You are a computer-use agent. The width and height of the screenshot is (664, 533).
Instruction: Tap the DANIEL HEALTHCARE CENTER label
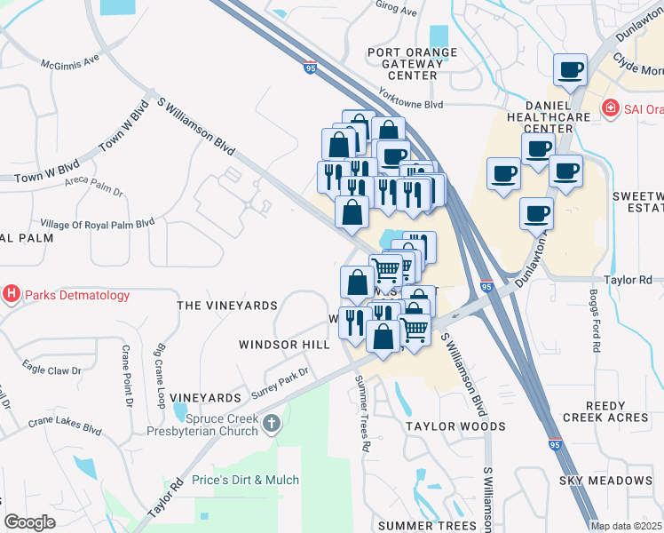tap(541, 115)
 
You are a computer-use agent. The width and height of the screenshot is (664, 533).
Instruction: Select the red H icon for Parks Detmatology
tap(12, 294)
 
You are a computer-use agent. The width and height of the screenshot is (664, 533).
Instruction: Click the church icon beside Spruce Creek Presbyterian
tap(272, 424)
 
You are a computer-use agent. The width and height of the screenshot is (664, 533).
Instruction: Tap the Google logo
tap(29, 522)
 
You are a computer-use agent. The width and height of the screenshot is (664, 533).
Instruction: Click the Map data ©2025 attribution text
tap(626, 526)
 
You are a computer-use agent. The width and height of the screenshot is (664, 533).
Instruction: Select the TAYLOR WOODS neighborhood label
tap(455, 426)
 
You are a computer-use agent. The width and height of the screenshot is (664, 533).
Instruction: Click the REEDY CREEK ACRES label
tap(605, 410)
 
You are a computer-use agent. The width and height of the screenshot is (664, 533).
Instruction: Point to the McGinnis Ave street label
tap(70, 63)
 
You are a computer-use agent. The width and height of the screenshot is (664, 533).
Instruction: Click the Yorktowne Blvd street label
tap(409, 104)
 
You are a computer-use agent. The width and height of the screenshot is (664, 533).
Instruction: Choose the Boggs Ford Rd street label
tap(596, 320)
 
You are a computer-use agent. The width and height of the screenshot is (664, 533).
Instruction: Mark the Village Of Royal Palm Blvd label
tap(98, 223)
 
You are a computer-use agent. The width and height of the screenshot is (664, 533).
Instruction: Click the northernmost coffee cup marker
tap(571, 70)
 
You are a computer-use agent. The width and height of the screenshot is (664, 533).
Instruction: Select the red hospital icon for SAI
tap(610, 108)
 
